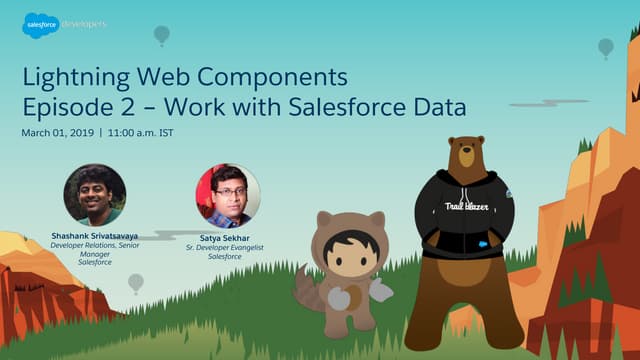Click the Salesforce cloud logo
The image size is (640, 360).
[40, 25]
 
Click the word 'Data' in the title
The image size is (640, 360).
[441, 105]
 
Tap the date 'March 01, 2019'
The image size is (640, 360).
[55, 133]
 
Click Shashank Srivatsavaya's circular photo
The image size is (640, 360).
[94, 194]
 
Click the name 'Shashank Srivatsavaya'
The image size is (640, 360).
[94, 236]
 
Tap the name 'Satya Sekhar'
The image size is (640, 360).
[227, 236]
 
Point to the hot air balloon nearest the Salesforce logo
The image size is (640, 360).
[161, 35]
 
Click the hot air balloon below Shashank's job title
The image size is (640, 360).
[135, 283]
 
